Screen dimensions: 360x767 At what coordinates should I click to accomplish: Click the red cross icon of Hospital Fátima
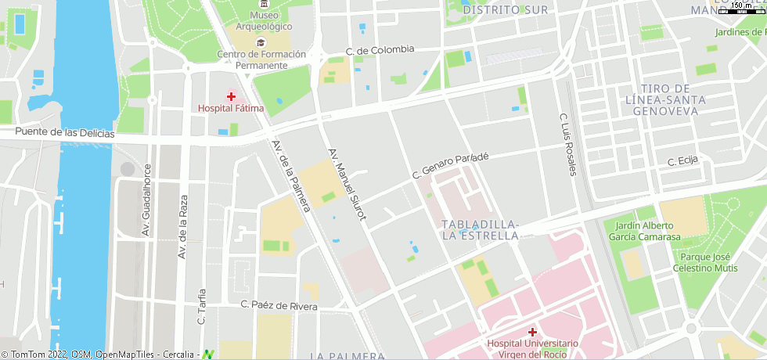point(231,95)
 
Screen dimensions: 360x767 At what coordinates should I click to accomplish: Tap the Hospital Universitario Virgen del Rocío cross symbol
point(532,332)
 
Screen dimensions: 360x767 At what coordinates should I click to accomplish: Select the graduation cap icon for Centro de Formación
point(261,42)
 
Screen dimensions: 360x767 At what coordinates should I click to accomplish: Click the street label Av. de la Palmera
point(291,175)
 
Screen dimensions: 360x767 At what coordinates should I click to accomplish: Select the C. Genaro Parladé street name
point(450,165)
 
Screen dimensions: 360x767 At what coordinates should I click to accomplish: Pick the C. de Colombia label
point(380,49)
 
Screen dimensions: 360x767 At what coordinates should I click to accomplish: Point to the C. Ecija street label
point(682,161)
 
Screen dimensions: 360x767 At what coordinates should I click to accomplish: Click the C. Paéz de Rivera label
point(279,305)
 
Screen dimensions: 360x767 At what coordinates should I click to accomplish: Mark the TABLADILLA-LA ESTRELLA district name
point(480,229)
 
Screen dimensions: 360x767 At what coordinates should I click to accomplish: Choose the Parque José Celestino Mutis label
point(705,262)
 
